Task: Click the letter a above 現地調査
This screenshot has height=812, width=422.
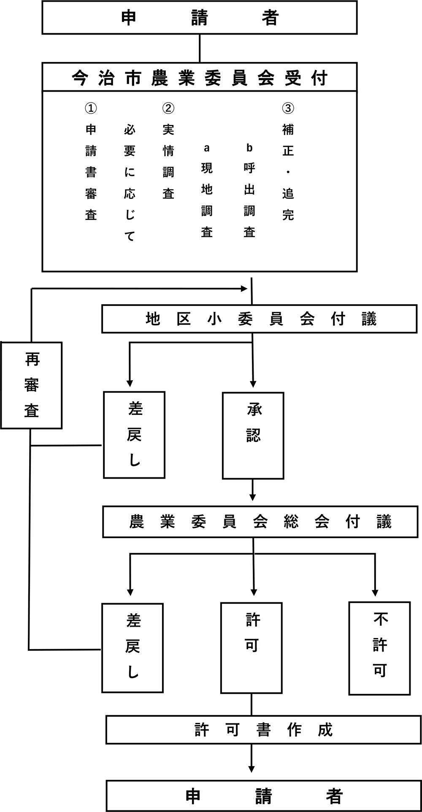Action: (206, 148)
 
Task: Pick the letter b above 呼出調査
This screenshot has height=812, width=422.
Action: (249, 148)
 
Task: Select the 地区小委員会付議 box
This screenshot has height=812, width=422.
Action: (259, 319)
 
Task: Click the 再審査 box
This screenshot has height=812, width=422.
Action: (32, 385)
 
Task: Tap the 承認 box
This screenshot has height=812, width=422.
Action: (253, 435)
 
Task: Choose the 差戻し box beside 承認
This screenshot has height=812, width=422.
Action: (134, 435)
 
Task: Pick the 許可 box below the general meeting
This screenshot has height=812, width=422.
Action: (252, 648)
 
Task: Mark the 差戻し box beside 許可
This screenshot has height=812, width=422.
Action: (133, 648)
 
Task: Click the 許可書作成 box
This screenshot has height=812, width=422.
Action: (263, 729)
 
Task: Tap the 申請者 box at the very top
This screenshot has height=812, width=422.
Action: (200, 18)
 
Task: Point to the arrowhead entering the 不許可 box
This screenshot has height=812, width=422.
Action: (375, 592)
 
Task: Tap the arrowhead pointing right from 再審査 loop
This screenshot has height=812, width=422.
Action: (243, 289)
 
